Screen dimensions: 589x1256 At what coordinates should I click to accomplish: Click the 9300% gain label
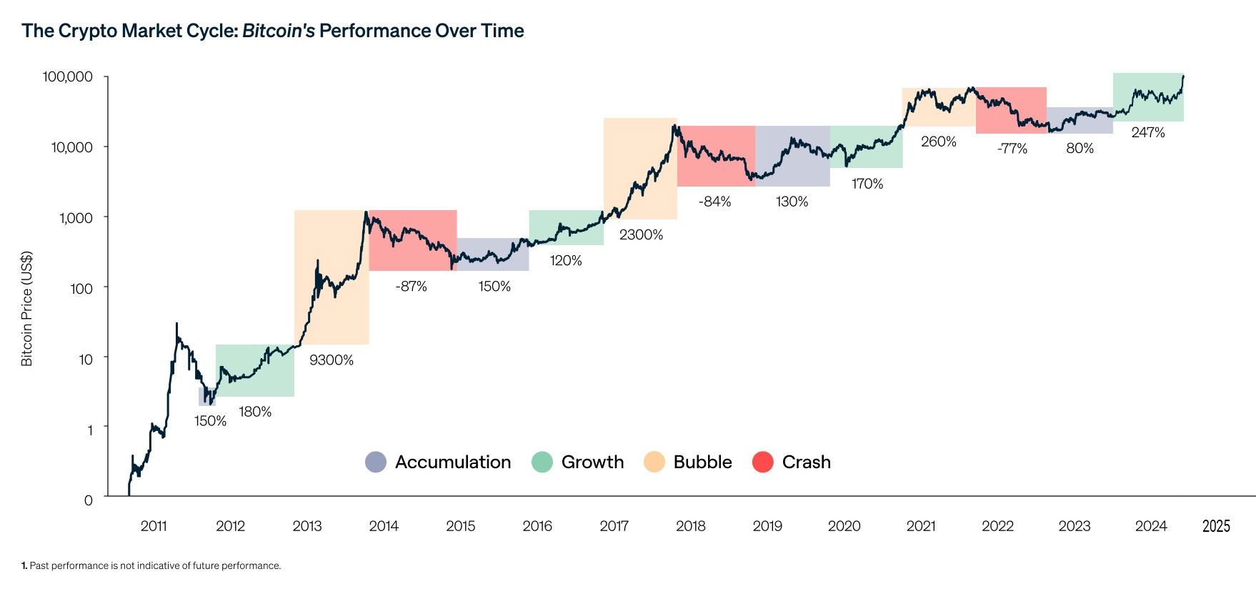click(x=332, y=360)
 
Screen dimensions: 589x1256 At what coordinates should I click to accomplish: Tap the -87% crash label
click(x=411, y=287)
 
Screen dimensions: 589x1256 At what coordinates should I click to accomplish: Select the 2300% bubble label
click(x=641, y=234)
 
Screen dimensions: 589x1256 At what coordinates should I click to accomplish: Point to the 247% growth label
click(x=1148, y=132)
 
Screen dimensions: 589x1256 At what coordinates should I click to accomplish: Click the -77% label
click(x=1012, y=149)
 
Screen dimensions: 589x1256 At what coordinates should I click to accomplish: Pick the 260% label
click(x=938, y=142)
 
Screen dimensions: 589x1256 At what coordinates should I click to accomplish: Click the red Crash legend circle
click(x=763, y=462)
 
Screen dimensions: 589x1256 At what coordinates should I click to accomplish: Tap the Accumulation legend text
click(x=453, y=462)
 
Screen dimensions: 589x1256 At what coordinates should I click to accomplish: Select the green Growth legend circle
click(x=542, y=462)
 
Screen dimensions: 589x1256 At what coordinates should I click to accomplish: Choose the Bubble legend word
click(x=702, y=462)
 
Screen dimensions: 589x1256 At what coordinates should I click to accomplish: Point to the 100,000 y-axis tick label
click(x=68, y=76)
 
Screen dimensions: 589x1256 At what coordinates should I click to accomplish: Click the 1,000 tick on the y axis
click(x=76, y=217)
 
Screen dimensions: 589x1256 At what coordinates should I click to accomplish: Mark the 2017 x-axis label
click(x=614, y=526)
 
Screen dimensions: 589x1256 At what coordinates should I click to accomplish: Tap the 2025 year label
click(x=1216, y=526)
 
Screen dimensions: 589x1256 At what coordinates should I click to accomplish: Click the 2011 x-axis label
click(x=154, y=526)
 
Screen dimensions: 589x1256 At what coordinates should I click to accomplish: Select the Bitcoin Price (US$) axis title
click(x=27, y=309)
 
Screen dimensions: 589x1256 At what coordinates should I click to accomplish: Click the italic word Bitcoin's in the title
click(x=279, y=31)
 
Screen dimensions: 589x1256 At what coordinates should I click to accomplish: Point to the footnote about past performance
click(x=151, y=565)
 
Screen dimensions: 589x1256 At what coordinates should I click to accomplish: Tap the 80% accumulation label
click(x=1080, y=148)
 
